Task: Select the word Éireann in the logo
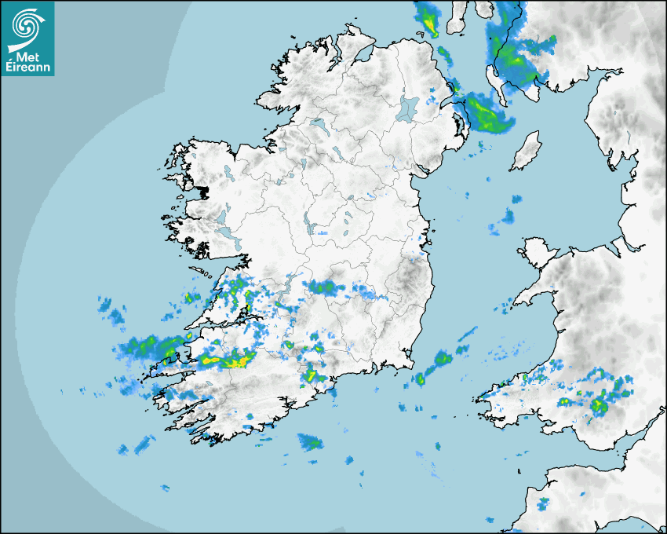point(27,68)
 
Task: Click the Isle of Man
point(525,150)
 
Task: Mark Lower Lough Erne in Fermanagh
point(317,124)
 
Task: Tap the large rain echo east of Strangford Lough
point(487,115)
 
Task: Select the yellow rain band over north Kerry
point(226,360)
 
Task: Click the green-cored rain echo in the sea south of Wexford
point(441,359)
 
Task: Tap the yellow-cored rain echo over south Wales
point(600,405)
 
